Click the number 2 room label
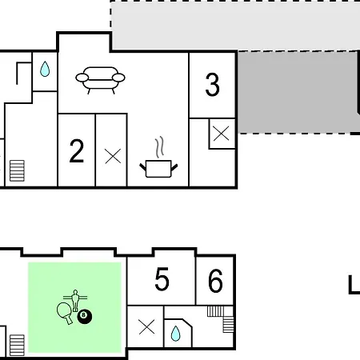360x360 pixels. click(77, 150)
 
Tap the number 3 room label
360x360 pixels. click(213, 85)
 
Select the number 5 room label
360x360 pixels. click(162, 279)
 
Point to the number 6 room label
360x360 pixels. click(215, 281)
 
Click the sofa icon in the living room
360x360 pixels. click(100, 79)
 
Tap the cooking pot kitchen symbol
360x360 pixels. click(158, 169)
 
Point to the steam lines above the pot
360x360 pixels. click(159, 147)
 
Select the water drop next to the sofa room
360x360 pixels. click(45, 69)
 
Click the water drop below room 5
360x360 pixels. click(175, 334)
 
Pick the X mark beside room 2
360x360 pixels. click(113, 156)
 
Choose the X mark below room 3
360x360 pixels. click(221, 133)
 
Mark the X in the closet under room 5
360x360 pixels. click(146, 326)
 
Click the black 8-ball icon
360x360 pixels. click(85, 317)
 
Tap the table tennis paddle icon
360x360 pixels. click(64, 313)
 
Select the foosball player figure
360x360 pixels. click(75, 301)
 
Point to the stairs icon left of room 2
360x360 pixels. click(17, 170)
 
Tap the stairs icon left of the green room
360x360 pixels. click(17, 346)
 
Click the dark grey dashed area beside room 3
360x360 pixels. click(298, 92)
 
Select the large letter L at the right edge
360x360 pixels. click(354, 285)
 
